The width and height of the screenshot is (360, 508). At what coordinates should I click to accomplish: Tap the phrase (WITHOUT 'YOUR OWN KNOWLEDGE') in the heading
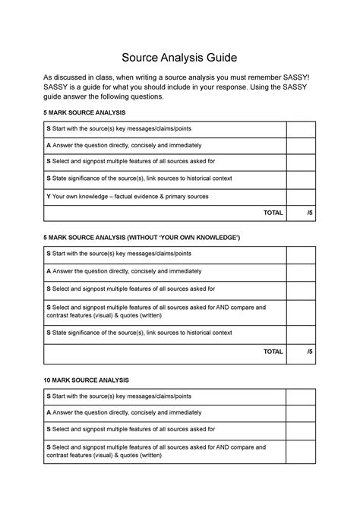(x=181, y=238)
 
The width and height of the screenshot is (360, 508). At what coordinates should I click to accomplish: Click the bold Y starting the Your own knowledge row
(x=49, y=197)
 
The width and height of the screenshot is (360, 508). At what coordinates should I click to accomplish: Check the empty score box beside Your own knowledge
(x=300, y=197)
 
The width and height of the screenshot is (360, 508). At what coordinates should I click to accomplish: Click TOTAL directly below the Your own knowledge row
(x=273, y=213)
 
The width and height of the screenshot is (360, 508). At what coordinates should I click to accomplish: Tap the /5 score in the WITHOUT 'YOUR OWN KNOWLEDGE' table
(x=309, y=352)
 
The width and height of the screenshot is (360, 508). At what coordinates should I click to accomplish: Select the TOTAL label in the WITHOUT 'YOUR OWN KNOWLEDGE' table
(x=273, y=352)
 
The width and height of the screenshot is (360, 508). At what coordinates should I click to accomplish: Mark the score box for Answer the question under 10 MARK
(x=300, y=412)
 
